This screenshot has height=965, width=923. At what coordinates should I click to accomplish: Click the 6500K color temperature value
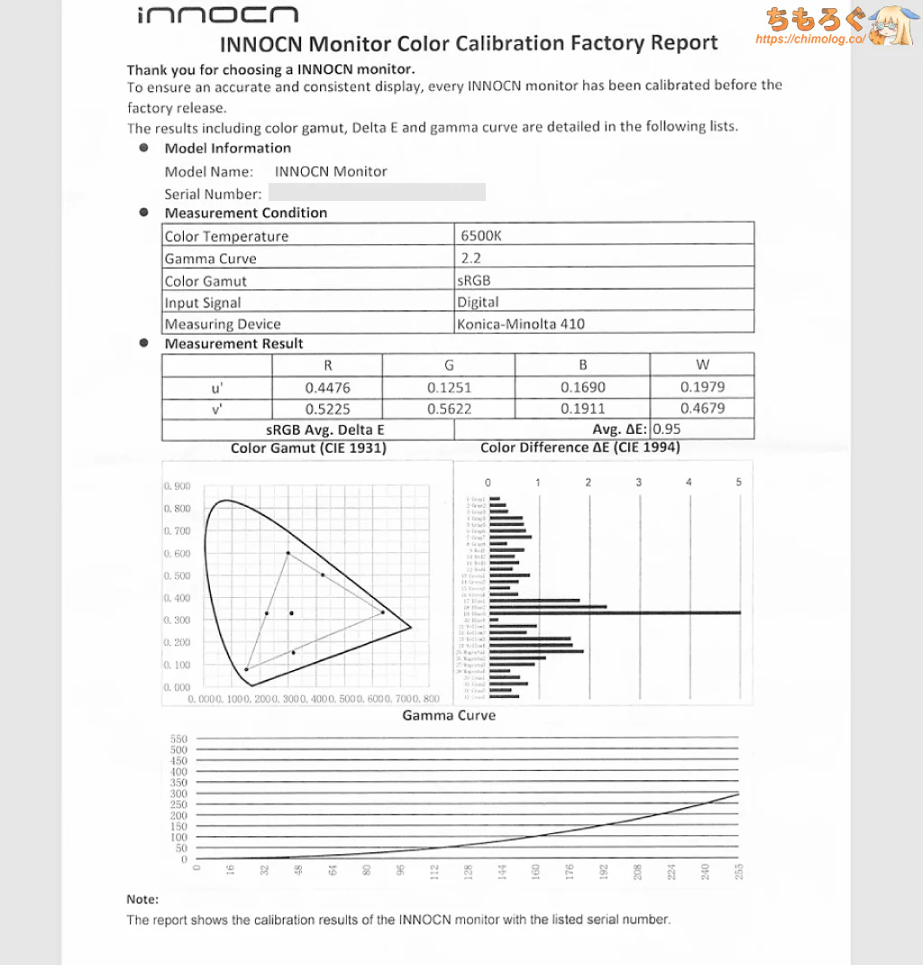(x=480, y=236)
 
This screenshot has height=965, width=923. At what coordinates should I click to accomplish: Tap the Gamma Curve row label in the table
(x=210, y=259)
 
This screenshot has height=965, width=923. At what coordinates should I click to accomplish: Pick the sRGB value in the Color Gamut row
(x=474, y=280)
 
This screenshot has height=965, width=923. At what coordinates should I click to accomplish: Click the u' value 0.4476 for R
(x=327, y=387)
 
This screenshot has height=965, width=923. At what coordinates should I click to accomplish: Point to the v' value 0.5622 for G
(x=449, y=409)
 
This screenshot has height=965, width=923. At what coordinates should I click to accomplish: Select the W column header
(x=702, y=365)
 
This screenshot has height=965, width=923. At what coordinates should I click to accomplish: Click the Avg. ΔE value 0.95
(x=666, y=429)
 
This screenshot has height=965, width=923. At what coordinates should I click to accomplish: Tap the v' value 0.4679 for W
(x=702, y=409)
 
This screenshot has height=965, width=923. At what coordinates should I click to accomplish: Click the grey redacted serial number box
(x=377, y=192)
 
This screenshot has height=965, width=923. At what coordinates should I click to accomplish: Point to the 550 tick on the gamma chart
(x=178, y=740)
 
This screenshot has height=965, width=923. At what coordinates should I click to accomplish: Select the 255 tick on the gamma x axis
(x=738, y=872)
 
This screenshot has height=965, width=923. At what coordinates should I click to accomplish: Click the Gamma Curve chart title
(x=449, y=715)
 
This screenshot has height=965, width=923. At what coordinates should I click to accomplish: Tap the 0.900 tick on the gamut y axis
(x=177, y=487)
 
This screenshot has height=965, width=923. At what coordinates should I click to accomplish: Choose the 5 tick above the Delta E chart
(x=738, y=482)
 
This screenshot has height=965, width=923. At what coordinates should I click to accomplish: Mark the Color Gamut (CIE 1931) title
(x=308, y=448)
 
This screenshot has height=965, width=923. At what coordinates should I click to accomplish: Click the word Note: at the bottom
(x=142, y=899)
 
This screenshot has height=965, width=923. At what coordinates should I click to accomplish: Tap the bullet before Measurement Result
(x=143, y=344)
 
